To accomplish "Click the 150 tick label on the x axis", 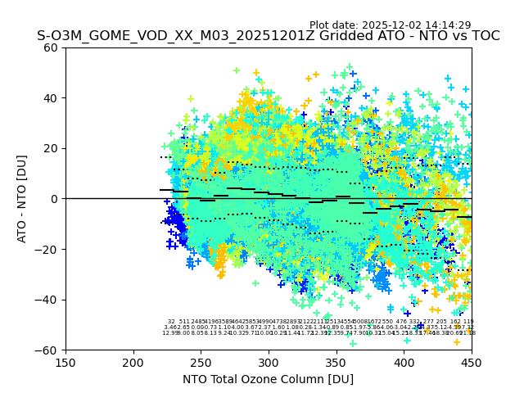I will pos(65,362).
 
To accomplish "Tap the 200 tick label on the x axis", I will pos(133,362).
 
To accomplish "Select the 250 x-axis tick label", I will pos(201,362).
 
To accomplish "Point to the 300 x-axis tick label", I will pos(269,362).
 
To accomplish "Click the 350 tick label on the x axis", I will pos(336,362).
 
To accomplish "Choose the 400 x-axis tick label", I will pos(404,362).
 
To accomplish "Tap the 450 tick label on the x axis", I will pos(471,362).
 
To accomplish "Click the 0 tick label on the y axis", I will pos(55,199).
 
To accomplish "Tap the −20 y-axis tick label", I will pos(48,249).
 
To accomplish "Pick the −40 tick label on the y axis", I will pos(48,300).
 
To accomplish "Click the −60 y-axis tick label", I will pos(48,350).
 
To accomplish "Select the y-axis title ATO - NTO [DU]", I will pos(23,199).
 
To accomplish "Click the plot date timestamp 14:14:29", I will pos(448,25).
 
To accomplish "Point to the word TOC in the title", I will pos(483,37).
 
